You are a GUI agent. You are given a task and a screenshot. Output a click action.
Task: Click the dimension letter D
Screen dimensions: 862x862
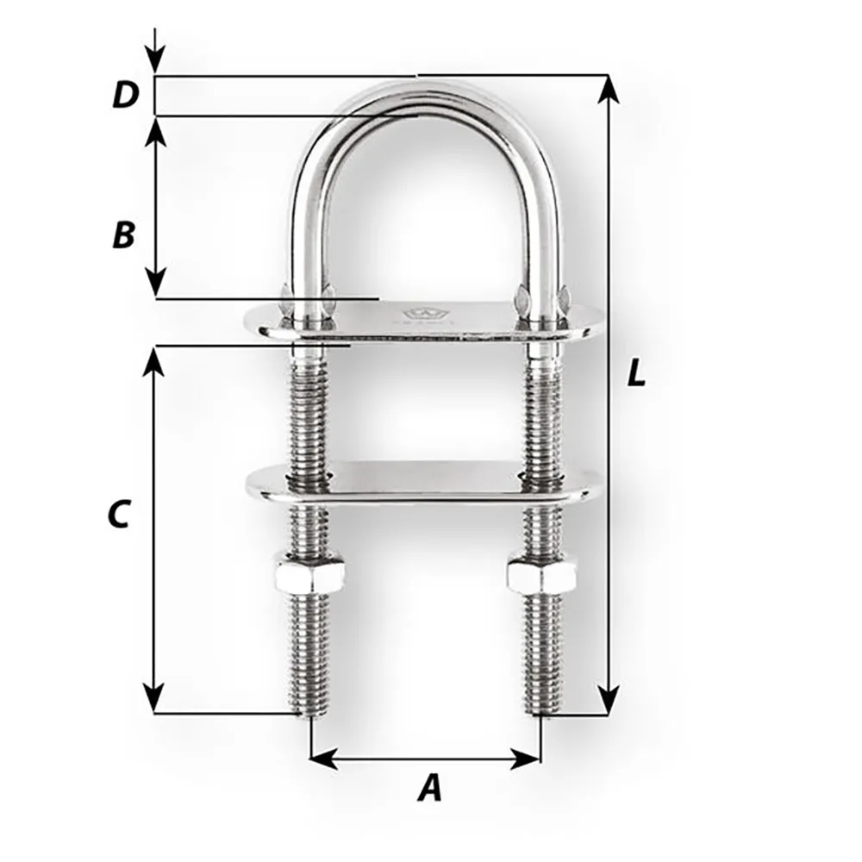click(126, 96)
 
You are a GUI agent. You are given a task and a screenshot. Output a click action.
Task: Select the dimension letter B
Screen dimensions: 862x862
click(124, 234)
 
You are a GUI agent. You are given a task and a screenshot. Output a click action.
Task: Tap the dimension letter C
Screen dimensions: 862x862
click(118, 514)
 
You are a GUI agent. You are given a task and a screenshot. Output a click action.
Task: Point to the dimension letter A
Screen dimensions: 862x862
click(428, 787)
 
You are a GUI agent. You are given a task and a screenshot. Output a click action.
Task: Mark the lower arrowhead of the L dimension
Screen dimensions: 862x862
click(609, 703)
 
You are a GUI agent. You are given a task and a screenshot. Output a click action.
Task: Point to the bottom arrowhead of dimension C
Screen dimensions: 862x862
click(153, 700)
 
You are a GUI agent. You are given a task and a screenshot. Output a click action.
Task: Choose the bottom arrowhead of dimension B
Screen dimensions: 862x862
click(154, 284)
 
